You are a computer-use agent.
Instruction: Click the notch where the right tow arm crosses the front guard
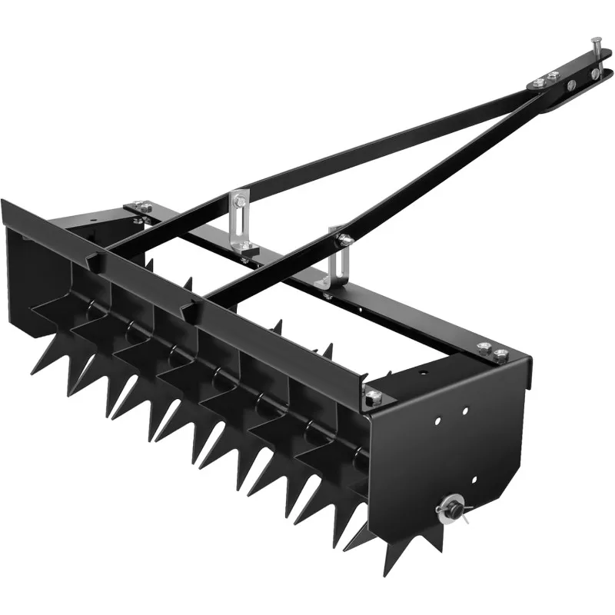187,311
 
